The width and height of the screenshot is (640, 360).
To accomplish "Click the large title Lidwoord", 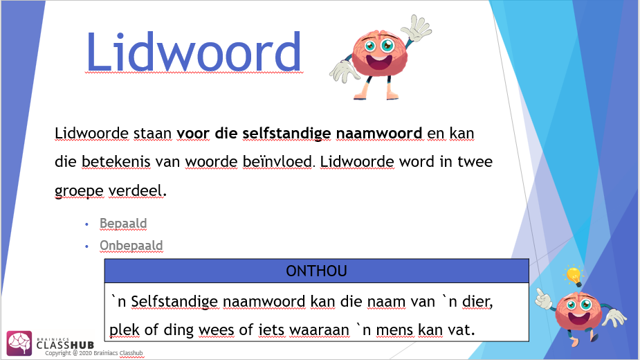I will click(194, 53).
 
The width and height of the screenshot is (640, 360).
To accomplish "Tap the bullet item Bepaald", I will click(123, 224).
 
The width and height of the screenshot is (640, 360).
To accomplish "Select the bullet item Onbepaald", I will click(131, 246).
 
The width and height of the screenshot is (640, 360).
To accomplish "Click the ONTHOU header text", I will click(316, 271).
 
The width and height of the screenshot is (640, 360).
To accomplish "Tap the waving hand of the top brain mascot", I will click(417, 29).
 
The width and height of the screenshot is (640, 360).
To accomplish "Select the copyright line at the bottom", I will click(95, 354).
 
